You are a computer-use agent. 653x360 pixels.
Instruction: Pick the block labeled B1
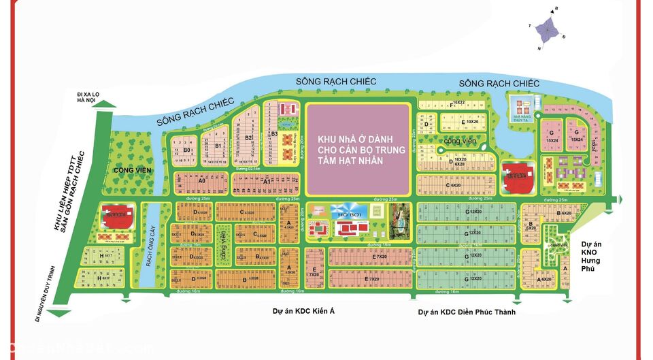[x=218, y=145]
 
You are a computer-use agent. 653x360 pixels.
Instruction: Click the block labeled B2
[x=249, y=137]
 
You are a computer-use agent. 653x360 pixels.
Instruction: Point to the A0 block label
[x=202, y=182]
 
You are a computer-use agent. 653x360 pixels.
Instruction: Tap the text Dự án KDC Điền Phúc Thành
[x=467, y=312]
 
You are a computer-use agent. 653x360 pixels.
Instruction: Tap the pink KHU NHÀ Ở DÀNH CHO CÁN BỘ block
[x=361, y=149]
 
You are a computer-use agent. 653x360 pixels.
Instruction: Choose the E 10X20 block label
[x=468, y=121]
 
